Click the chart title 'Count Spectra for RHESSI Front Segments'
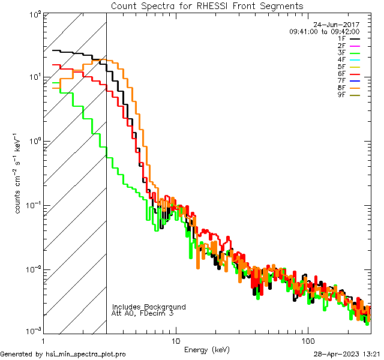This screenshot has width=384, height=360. point(207,6)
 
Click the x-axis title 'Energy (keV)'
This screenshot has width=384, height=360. point(206,350)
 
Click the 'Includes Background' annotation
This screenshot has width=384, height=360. point(149,307)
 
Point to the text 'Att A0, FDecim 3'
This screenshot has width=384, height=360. point(143,313)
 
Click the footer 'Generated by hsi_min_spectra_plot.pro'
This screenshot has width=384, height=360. point(63,354)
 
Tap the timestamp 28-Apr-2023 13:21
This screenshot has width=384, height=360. point(346,354)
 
